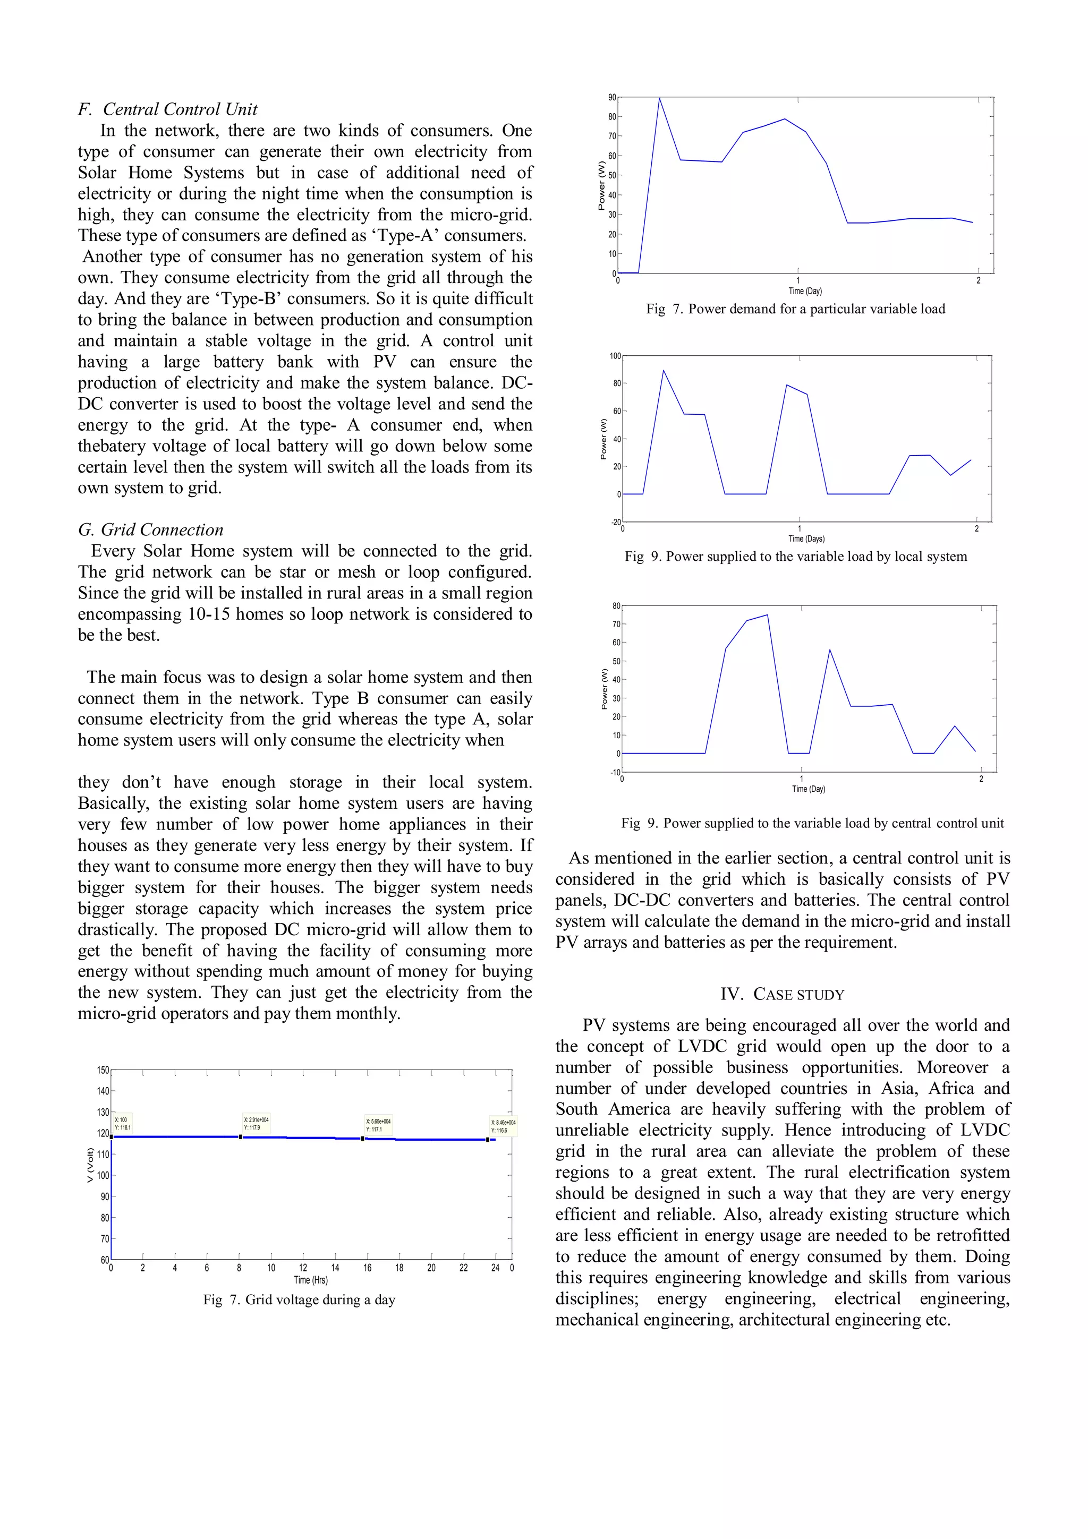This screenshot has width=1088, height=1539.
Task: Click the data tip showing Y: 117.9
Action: pyautogui.click(x=256, y=1123)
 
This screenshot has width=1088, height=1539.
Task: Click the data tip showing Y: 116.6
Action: pyautogui.click(x=504, y=1126)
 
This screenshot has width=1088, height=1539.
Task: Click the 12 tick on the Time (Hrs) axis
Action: pyautogui.click(x=303, y=1268)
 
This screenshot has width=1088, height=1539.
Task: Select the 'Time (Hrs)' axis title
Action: pyautogui.click(x=310, y=1280)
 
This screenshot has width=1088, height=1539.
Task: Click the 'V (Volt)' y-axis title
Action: pyautogui.click(x=90, y=1165)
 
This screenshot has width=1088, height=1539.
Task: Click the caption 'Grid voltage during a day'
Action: pyautogui.click(x=299, y=1299)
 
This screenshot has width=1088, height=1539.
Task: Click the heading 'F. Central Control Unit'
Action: pyautogui.click(x=167, y=109)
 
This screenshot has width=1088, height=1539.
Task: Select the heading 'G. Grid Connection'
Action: pyautogui.click(x=151, y=529)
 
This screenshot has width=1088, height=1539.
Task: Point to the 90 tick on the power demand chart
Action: pyautogui.click(x=611, y=98)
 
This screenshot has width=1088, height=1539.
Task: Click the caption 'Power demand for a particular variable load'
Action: pyautogui.click(x=796, y=309)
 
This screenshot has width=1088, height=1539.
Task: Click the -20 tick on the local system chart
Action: pyautogui.click(x=615, y=521)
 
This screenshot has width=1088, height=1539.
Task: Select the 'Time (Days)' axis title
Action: pyautogui.click(x=806, y=538)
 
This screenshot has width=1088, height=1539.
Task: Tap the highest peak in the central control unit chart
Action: pyautogui.click(x=767, y=614)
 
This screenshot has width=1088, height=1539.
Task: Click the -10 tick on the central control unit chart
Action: pyautogui.click(x=615, y=772)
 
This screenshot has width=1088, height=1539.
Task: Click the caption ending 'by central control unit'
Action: pyautogui.click(x=812, y=823)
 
